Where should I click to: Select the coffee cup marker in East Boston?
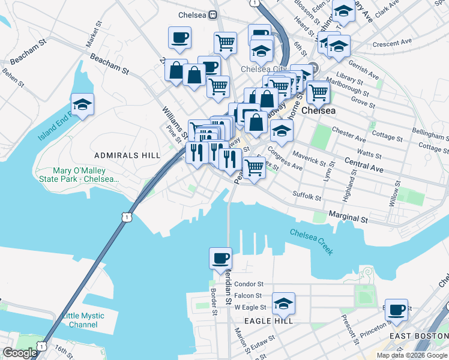pyautogui.click(x=396, y=310)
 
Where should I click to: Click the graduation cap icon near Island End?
pyautogui.click(x=82, y=104)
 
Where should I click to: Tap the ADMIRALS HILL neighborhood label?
pyautogui.click(x=127, y=155)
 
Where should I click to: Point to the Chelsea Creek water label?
pyautogui.click(x=312, y=241)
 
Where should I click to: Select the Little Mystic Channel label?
pyautogui.click(x=83, y=320)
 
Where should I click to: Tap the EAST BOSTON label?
pyautogui.click(x=418, y=336)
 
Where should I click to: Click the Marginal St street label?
pyautogui.click(x=348, y=218)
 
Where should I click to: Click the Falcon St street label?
pyautogui.click(x=248, y=295)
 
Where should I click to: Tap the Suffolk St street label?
pyautogui.click(x=307, y=196)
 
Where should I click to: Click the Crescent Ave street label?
pyautogui.click(x=392, y=43)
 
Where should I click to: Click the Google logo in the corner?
pyautogui.click(x=19, y=353)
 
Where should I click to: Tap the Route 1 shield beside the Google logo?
pyautogui.click(x=41, y=346)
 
